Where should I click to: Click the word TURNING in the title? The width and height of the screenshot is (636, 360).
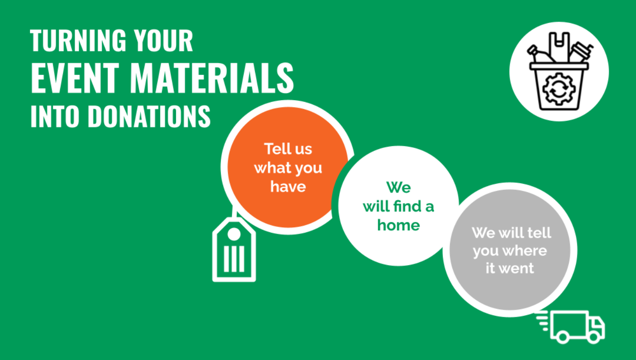click(x=78, y=40)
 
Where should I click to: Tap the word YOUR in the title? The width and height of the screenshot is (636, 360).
click(x=164, y=40)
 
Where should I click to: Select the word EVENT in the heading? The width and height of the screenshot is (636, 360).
click(x=75, y=78)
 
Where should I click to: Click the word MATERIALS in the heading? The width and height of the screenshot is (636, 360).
click(x=212, y=78)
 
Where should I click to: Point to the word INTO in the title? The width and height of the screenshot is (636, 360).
click(x=54, y=116)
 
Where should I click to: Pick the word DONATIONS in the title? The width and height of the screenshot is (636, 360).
click(x=149, y=116)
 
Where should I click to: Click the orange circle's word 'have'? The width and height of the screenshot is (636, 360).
click(x=288, y=187)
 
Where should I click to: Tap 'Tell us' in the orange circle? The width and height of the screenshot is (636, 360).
click(x=288, y=149)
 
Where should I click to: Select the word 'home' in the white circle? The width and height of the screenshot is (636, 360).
click(x=398, y=225)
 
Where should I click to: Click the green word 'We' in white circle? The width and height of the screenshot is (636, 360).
click(x=398, y=188)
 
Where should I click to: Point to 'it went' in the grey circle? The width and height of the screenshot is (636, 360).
click(x=510, y=268)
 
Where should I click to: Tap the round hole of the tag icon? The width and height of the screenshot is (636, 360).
click(x=234, y=234)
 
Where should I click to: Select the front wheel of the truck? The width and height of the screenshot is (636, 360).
click(x=594, y=337)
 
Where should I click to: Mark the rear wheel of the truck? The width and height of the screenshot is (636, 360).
click(x=563, y=337)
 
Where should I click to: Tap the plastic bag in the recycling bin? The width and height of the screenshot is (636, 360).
click(x=559, y=47)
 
